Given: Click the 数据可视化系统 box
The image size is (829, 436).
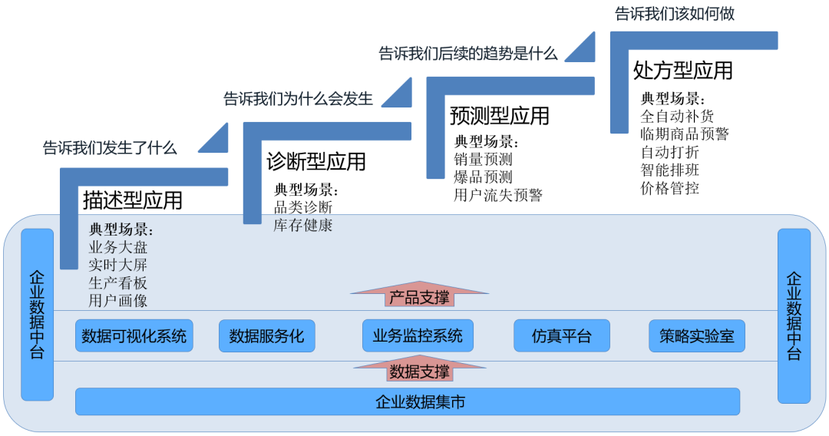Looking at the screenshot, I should click(x=134, y=336).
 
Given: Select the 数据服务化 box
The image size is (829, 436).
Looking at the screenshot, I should click(x=266, y=336).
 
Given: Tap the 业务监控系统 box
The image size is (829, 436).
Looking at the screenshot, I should click(x=418, y=336).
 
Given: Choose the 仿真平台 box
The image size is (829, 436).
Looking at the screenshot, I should click(x=562, y=336).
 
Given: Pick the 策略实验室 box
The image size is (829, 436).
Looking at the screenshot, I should click(x=697, y=336).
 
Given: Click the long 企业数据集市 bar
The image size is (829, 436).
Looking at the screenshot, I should click(x=408, y=401).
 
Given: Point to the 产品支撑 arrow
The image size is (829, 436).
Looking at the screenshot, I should click(x=419, y=296).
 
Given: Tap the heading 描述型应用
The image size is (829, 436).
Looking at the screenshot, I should click(x=133, y=201).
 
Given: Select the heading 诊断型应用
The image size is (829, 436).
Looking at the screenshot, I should click(x=316, y=161).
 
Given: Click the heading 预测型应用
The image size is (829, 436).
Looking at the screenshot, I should click(x=500, y=116).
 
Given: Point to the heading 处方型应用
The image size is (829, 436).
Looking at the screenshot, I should click(x=682, y=71).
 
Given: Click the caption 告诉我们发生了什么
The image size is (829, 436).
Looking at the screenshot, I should click(x=110, y=148).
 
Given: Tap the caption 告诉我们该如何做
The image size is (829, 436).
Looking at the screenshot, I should click(x=669, y=14).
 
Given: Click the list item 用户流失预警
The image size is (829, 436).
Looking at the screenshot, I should click(x=498, y=195).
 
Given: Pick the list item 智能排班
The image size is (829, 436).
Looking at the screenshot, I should click(x=670, y=170).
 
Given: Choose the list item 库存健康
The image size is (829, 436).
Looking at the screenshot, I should click(x=303, y=225).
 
